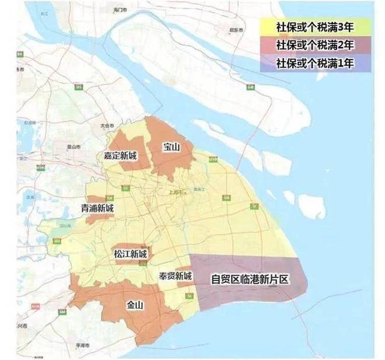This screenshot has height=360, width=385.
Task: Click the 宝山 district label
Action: [x=171, y=148]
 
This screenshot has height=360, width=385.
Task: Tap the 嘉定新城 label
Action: [x=120, y=156]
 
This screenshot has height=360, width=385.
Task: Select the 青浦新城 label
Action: [x=97, y=208]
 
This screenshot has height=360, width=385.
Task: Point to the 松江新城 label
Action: [x=131, y=255]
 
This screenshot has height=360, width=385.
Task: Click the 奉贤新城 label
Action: [x=175, y=276]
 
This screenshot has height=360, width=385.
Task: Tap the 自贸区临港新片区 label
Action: [x=250, y=279]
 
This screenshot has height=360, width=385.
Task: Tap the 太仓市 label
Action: [x=106, y=125]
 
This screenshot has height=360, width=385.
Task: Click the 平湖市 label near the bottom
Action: [x=81, y=345]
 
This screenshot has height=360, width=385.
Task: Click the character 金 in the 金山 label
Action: [x=130, y=305]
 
